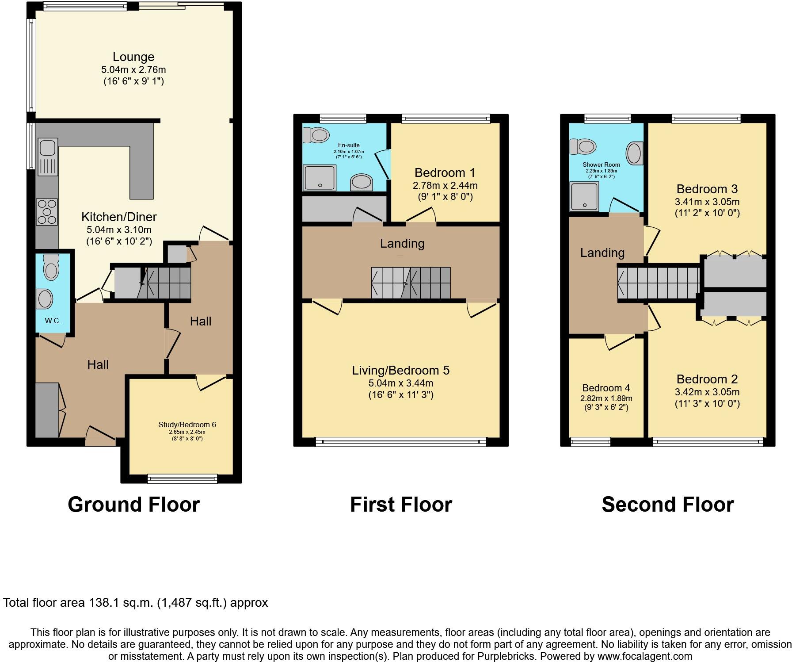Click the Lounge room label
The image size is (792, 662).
[133, 57]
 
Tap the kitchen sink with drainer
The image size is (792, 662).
[48, 157]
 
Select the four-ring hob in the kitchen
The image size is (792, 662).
[47, 212]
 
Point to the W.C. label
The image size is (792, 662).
[53, 321]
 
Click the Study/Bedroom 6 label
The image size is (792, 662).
[187, 425]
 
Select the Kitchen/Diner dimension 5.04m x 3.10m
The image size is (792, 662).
[119, 230]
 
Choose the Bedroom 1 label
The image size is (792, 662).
[445, 172]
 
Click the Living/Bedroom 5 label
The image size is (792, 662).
[400, 370]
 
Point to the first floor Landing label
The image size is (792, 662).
[402, 244]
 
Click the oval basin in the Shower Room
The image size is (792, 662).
[634, 153]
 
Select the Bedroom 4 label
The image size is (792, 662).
[606, 388]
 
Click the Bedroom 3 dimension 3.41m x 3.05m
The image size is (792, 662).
[707, 202]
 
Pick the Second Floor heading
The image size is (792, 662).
[667, 505]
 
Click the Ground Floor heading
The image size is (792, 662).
[133, 505]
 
